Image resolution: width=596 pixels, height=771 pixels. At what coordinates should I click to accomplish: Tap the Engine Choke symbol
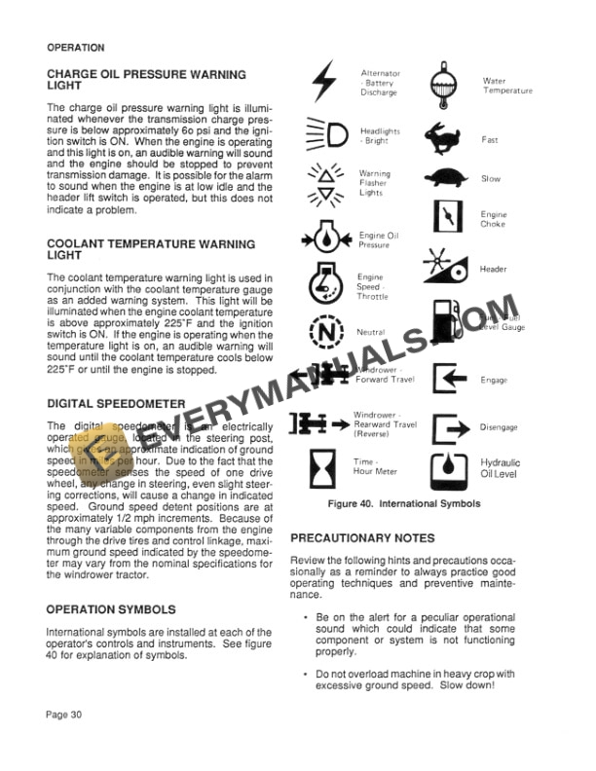coord(445,217)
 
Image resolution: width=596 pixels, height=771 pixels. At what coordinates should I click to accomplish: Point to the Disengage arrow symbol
coord(447,426)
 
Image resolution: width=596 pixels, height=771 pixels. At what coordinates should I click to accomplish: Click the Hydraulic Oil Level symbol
coord(447,469)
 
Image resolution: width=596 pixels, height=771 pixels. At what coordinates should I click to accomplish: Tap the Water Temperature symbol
coord(446,86)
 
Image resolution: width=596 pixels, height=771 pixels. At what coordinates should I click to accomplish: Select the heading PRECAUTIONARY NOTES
coord(362,538)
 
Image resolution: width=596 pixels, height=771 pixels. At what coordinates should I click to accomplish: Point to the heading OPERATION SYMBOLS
coord(111,610)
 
